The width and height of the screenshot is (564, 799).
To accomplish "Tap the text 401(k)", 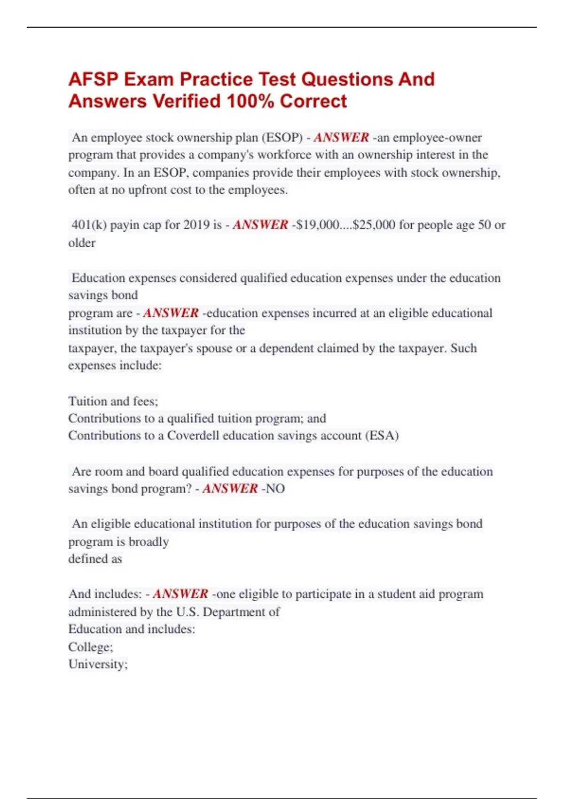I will [89, 225].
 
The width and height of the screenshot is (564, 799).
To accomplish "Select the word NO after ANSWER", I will [275, 489].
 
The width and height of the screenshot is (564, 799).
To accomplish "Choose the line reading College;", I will [91, 647].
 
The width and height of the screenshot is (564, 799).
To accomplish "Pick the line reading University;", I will [98, 665].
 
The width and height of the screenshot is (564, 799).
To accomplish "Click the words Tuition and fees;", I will [113, 401].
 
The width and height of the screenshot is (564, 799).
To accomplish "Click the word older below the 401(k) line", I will [82, 243].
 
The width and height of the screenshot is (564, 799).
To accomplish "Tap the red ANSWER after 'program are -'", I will [171, 313].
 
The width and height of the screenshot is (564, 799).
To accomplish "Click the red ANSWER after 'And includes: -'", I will [180, 594].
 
